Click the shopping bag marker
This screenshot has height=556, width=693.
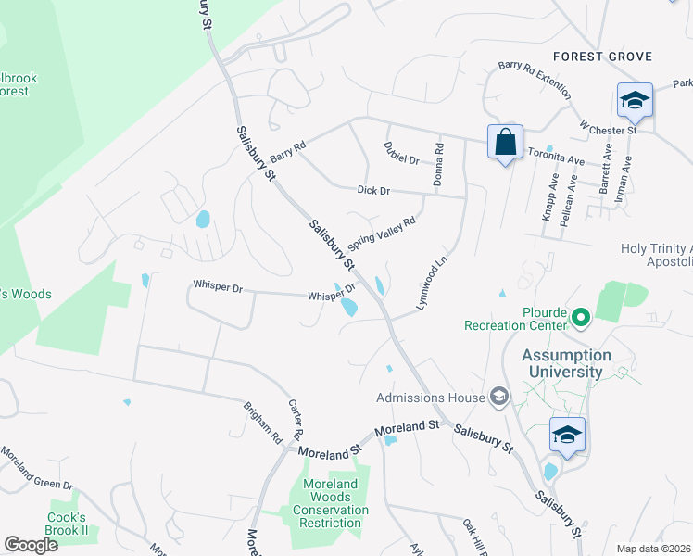505,144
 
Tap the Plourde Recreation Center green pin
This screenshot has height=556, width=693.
581,319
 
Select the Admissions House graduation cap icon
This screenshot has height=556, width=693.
498,398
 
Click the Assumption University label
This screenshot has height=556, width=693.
566,363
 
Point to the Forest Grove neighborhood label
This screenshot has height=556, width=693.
602,57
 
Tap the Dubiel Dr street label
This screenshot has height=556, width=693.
401,153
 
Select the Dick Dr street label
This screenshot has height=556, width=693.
374,190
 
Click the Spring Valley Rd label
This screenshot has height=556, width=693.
382,234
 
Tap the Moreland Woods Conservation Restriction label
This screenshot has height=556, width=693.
331,503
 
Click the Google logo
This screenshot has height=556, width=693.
31,544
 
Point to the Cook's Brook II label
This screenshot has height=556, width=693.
69,524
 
